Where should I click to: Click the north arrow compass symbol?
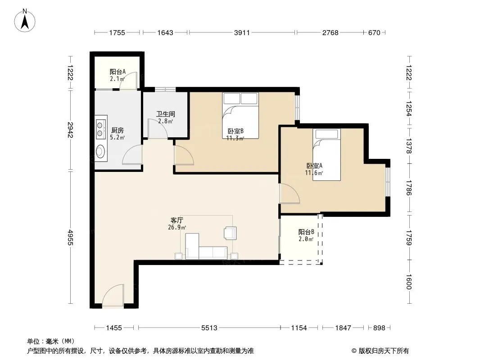pos(25,21)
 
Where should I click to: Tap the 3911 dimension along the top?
pos(242,32)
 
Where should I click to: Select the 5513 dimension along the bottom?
pos(209,328)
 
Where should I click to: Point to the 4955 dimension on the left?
pos(70,237)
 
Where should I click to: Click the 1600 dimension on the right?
pos(409,282)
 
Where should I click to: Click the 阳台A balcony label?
pos(118,72)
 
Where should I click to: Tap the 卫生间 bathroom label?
pos(166,114)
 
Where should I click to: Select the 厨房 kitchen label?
pos(117,130)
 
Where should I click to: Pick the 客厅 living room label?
pos(177,220)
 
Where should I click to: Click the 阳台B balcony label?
pos(306,232)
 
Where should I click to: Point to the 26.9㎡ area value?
pos(177,227)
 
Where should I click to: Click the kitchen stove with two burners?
pos(100,130)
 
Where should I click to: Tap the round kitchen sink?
pos(100,151)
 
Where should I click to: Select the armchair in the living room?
pos(230,233)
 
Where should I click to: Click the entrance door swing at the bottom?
pos(113,296)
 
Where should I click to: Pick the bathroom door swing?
pos(158,129)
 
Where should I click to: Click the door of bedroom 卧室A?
pos(289,193)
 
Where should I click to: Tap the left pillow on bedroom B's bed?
pos(232,99)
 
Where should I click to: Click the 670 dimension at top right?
pos(374,32)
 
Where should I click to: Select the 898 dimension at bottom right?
pos(379,328)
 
